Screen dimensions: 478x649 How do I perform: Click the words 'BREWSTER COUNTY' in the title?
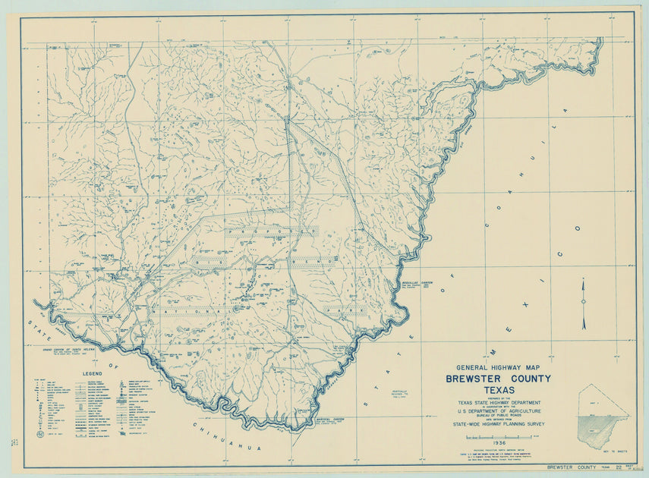tap(498, 379)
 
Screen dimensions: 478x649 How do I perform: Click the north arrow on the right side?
tap(584, 303)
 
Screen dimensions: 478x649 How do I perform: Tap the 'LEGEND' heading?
tap(92, 374)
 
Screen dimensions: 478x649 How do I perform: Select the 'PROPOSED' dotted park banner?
tap(271, 233)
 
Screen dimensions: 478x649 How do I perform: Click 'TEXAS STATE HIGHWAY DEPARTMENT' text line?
tap(498, 403)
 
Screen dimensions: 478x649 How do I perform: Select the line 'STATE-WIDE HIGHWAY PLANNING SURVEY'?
tap(498, 427)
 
